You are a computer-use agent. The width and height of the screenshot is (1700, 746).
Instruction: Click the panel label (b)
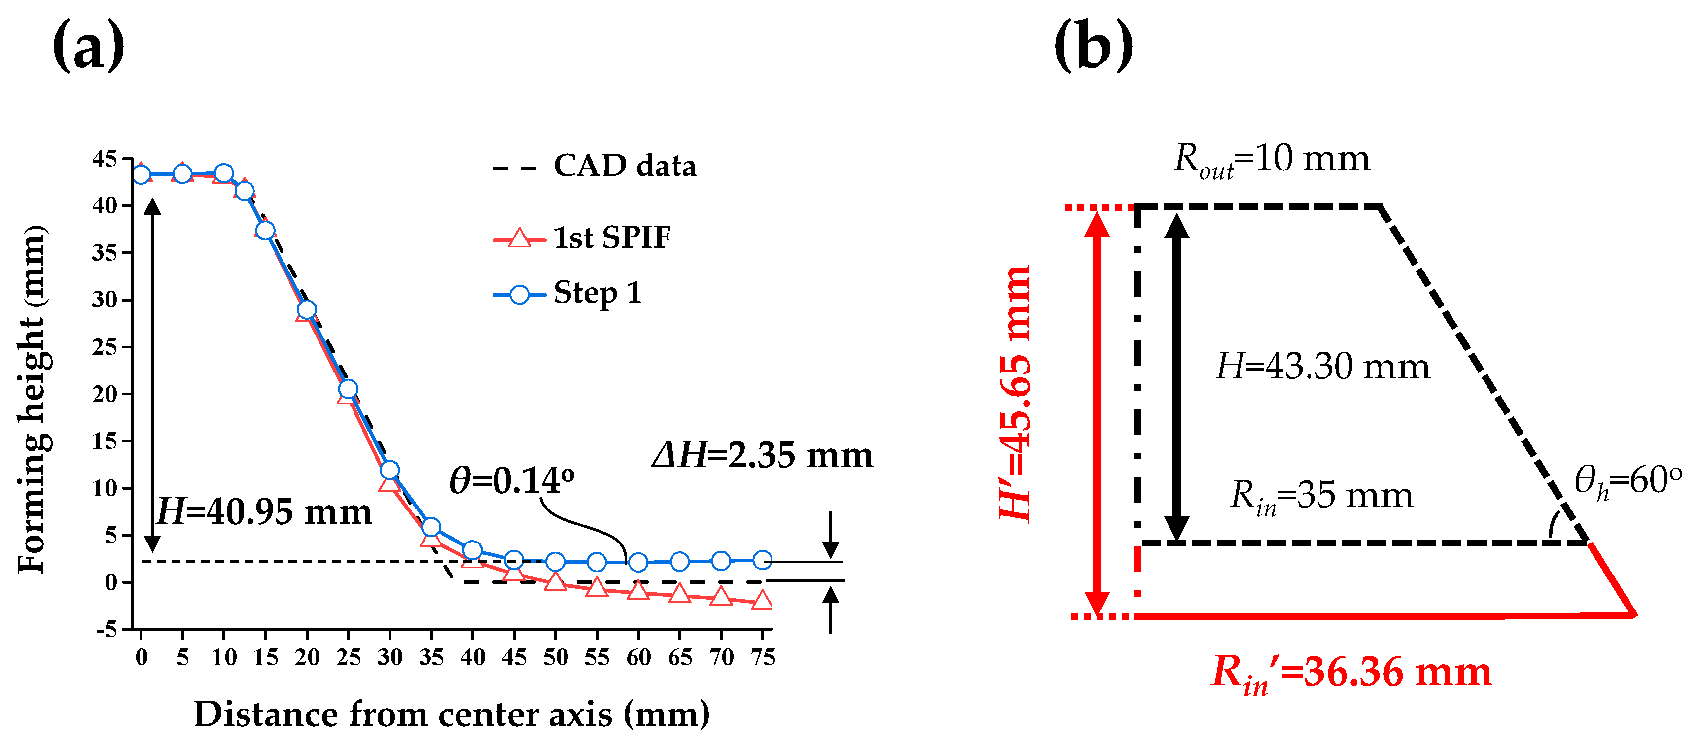(1093, 46)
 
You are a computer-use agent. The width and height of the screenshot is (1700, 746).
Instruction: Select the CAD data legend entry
(624, 166)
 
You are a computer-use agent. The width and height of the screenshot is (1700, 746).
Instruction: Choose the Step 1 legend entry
(597, 293)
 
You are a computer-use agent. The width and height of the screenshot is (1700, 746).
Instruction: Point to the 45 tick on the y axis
(104, 159)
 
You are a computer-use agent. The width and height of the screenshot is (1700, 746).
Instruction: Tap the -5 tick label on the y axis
(106, 629)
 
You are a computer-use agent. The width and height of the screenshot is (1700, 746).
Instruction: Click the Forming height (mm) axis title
(32, 399)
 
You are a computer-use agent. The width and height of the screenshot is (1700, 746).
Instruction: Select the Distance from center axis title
(452, 714)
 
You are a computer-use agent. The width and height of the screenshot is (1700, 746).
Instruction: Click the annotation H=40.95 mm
(264, 512)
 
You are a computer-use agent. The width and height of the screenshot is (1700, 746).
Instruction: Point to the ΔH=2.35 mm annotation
(762, 455)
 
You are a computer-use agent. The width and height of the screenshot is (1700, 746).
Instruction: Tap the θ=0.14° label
(511, 480)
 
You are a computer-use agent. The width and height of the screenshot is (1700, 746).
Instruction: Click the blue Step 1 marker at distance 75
(762, 560)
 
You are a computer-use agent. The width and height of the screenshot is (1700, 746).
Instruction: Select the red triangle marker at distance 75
(762, 600)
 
